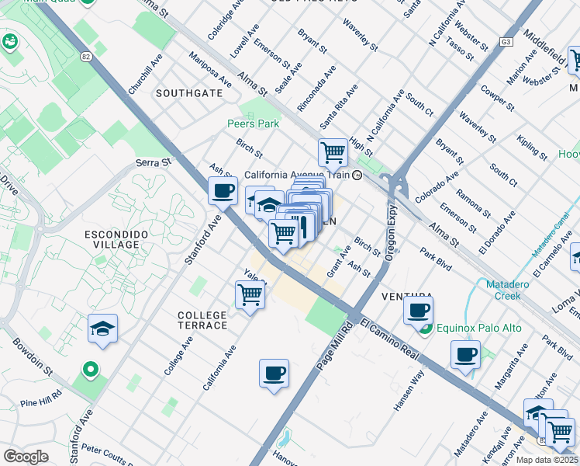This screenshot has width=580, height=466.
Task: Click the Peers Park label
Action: click(253, 123)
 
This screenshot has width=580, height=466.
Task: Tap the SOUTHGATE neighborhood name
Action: click(188, 93)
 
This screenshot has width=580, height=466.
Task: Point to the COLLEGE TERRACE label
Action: click(202, 320)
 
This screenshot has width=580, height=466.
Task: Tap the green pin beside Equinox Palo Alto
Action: click(425, 329)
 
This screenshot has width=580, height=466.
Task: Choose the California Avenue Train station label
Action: click(298, 176)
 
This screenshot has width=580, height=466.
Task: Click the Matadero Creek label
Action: click(513, 290)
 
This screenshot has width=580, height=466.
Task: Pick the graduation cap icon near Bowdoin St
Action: click(102, 329)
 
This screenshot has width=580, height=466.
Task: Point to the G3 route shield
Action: click(506, 41)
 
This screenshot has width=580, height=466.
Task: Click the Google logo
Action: click(26, 456)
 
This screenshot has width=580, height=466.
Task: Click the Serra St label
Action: click(153, 163)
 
